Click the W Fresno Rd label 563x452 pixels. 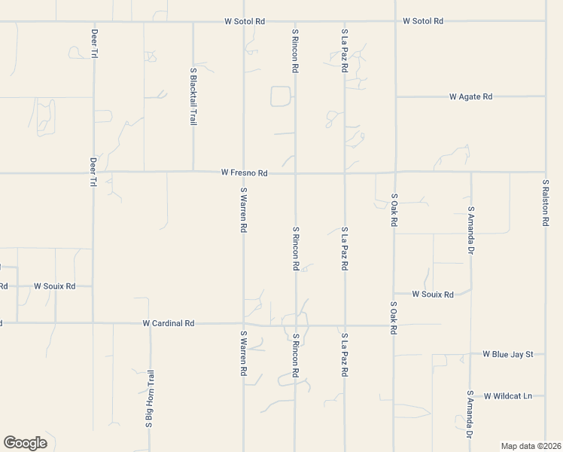[x=245, y=173]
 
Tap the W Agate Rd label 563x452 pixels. [x=470, y=96]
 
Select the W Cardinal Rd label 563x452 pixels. [x=169, y=323]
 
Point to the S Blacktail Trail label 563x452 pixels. [x=193, y=96]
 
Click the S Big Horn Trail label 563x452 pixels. [x=150, y=399]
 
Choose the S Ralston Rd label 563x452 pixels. [x=545, y=203]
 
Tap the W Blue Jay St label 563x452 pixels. [x=508, y=353]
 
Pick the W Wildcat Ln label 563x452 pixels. [x=508, y=395]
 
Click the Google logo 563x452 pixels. [x=25, y=443]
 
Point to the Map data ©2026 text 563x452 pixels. [x=531, y=445]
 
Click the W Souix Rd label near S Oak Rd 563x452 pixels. [x=433, y=295]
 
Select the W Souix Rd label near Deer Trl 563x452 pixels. [x=55, y=286]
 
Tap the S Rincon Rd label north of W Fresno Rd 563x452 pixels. [x=295, y=51]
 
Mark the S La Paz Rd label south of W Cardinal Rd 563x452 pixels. [x=344, y=355]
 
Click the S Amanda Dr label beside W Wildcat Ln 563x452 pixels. [x=470, y=414]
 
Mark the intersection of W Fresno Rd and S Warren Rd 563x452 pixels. [x=243, y=172]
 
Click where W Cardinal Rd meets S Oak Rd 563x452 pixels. [x=394, y=325]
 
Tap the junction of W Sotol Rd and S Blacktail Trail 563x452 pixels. [x=193, y=22]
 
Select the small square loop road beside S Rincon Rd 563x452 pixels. [x=280, y=96]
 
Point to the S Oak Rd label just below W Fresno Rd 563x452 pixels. [x=394, y=210]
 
